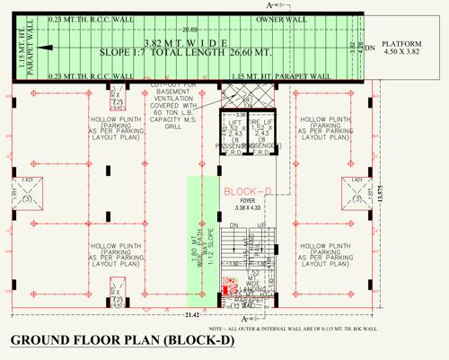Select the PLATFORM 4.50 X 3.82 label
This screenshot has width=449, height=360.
click(x=402, y=48)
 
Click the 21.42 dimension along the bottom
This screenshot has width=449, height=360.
click(x=191, y=315)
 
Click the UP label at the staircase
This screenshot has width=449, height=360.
click(x=260, y=225)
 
